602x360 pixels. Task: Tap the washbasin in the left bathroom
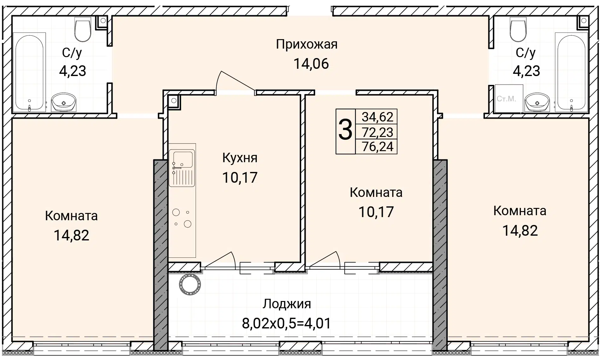(x=64, y=102)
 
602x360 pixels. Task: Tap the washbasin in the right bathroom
(x=537, y=102)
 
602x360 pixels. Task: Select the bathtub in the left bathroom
(x=29, y=73)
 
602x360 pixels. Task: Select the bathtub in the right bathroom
(x=571, y=73)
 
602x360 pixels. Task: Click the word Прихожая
(x=307, y=45)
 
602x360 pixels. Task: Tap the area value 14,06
(x=311, y=64)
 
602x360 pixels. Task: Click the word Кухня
(x=240, y=158)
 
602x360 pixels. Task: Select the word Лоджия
(x=287, y=304)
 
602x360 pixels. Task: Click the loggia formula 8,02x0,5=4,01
(x=286, y=323)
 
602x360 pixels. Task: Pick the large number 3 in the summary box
(x=345, y=131)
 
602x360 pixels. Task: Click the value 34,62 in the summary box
(x=377, y=117)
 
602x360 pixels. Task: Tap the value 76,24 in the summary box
(x=378, y=147)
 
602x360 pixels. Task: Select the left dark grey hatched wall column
(x=160, y=255)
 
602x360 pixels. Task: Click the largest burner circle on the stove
(x=188, y=224)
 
